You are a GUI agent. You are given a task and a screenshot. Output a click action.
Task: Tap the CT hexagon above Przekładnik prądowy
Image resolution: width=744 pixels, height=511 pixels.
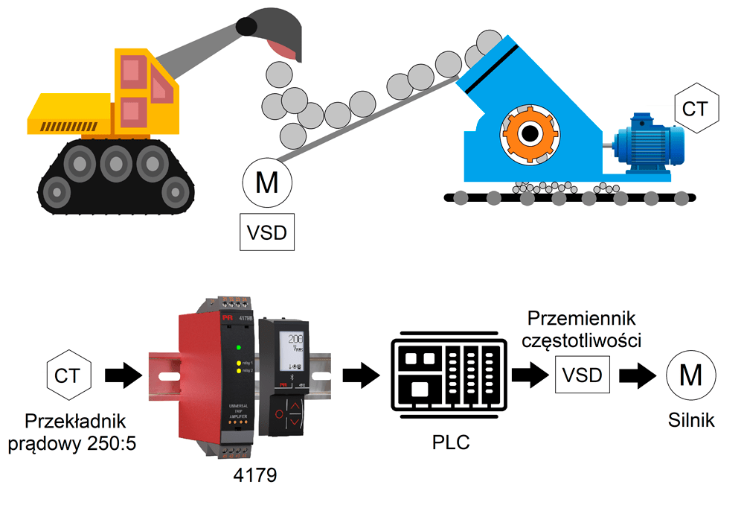69,374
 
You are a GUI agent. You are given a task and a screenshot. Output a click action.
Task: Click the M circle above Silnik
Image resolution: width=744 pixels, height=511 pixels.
691,375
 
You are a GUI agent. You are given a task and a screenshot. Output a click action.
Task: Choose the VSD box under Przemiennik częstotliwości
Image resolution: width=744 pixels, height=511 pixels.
583,374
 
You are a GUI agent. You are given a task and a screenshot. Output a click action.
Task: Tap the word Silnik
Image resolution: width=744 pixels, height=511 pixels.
691,420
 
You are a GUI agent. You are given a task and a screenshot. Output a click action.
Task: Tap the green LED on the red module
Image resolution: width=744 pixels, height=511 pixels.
237,347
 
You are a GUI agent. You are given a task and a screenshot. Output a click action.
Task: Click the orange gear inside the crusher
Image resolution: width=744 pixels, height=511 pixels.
530,135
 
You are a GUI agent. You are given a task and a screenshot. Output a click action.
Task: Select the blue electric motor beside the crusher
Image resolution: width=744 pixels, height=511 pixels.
648,142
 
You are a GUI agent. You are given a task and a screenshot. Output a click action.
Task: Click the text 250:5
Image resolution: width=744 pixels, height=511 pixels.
113,443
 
